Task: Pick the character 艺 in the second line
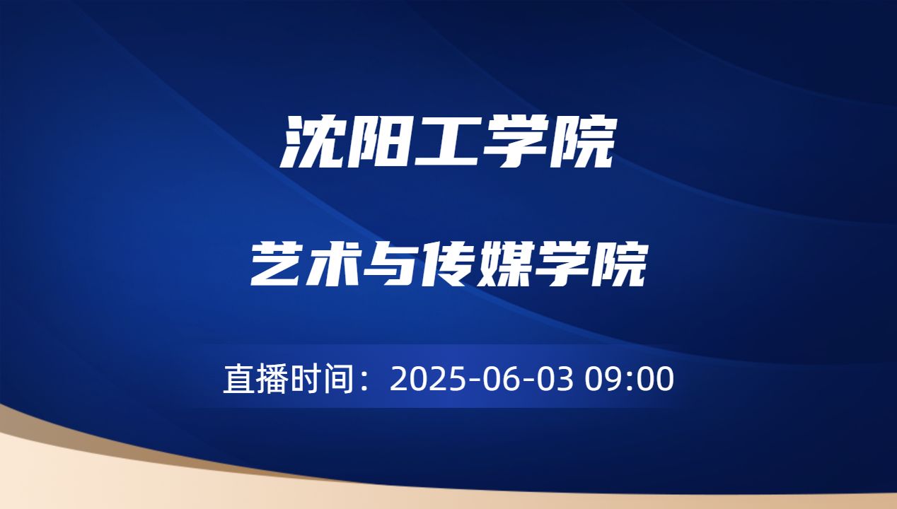[277, 264]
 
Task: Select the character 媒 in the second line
[505, 264]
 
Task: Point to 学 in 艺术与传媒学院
[562, 264]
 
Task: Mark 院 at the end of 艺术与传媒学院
[618, 264]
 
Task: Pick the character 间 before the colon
[337, 380]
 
